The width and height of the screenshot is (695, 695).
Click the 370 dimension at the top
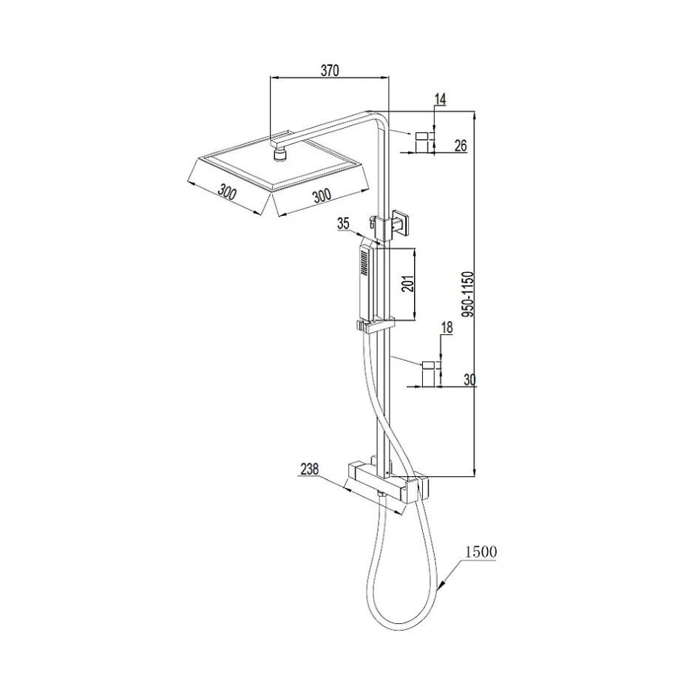(x=330, y=70)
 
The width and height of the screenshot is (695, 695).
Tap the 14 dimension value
(x=440, y=100)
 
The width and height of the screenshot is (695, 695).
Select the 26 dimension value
(x=461, y=145)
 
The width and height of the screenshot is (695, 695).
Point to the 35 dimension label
(x=344, y=223)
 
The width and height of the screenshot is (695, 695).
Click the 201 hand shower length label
(x=408, y=284)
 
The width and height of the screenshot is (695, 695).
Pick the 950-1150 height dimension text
(x=468, y=294)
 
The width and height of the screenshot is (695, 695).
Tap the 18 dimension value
(x=447, y=328)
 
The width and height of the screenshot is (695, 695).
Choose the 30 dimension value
(x=469, y=379)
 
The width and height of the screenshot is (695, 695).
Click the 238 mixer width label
(x=309, y=469)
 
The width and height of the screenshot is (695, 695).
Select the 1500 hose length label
(x=481, y=552)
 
